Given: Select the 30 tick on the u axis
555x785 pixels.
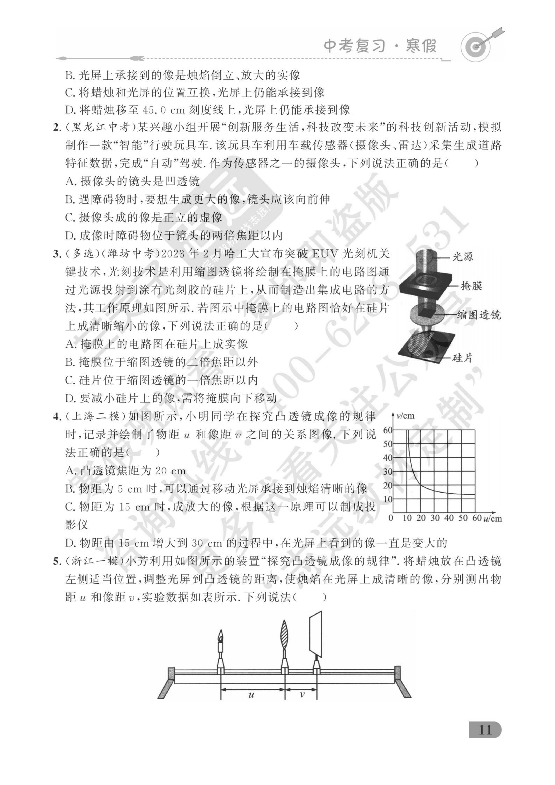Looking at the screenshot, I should [435, 518].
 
